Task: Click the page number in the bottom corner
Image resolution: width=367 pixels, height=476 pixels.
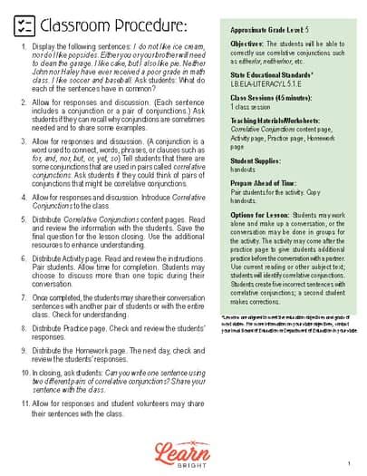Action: pyautogui.click(x=348, y=463)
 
